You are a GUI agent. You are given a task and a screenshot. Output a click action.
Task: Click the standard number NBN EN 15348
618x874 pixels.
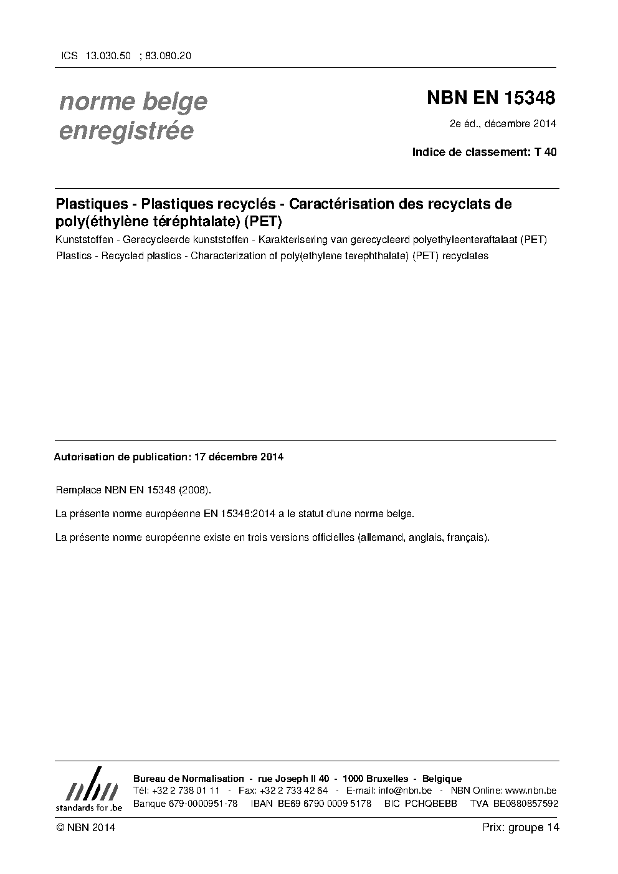[x=490, y=98]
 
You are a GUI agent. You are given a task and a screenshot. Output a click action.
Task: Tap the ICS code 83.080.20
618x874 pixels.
[x=168, y=55]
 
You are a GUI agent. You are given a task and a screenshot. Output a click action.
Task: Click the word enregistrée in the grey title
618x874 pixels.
[x=126, y=131]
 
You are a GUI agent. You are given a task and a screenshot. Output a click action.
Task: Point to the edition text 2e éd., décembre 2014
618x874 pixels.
[x=503, y=123]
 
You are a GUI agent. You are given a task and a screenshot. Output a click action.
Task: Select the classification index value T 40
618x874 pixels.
[x=545, y=151]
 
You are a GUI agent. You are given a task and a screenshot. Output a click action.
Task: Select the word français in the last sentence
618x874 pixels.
[x=469, y=537]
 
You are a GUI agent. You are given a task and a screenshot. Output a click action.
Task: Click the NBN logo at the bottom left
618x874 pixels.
[x=88, y=789]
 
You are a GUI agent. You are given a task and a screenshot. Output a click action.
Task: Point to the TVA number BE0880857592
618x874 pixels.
[x=526, y=804]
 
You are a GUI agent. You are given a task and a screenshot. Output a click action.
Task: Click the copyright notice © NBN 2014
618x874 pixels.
[x=85, y=827]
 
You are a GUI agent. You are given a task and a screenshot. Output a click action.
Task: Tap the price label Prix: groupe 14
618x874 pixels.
[x=521, y=827]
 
